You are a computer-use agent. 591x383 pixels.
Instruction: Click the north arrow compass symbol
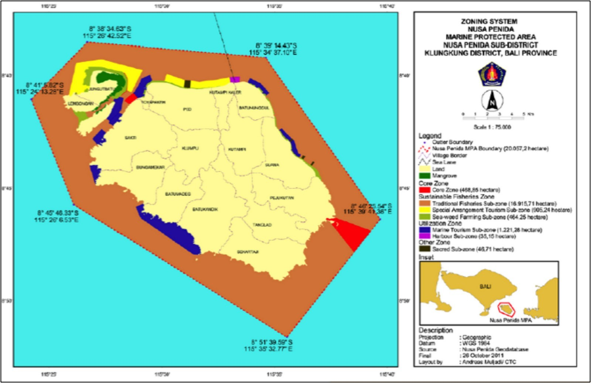[x=492, y=100]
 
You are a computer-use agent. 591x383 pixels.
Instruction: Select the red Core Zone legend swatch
[x=425, y=190]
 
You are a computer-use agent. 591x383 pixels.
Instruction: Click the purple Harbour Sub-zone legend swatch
[x=425, y=236]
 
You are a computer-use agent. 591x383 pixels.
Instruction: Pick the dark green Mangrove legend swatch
[x=425, y=176]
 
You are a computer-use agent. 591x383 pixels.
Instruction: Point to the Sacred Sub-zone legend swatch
[x=425, y=249]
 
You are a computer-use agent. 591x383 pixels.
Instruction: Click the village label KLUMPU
[x=190, y=148]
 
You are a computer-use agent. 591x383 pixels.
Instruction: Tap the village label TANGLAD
[x=262, y=225]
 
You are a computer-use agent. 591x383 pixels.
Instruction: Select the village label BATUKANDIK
[x=205, y=209]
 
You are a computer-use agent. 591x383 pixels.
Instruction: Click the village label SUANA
[x=272, y=165]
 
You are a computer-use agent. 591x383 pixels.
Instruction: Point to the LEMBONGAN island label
[x=81, y=104]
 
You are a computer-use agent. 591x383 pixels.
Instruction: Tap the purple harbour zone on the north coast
[x=235, y=79]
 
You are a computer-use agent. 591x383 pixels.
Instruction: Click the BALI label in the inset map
[x=485, y=286]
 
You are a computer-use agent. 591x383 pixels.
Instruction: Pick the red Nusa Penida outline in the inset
[x=506, y=309]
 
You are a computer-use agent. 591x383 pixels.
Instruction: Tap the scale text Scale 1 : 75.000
[x=492, y=127]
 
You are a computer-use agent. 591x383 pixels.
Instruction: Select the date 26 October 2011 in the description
[x=483, y=355]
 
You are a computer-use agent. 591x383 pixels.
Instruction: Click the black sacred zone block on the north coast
[x=187, y=84]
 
